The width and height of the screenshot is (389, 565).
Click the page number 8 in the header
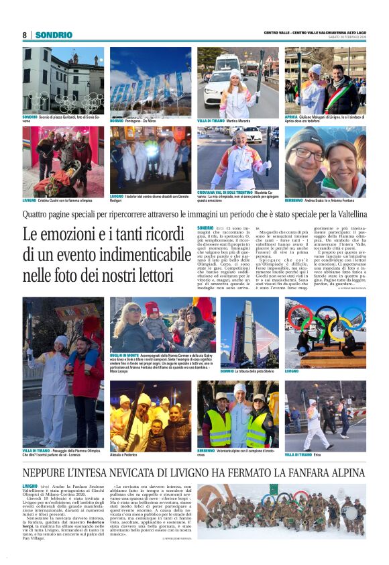(25, 34)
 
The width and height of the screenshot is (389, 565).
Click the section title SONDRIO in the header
(54, 34)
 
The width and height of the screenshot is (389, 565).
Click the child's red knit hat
(152, 309)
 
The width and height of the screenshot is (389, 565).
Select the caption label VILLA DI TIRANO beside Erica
(298, 454)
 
